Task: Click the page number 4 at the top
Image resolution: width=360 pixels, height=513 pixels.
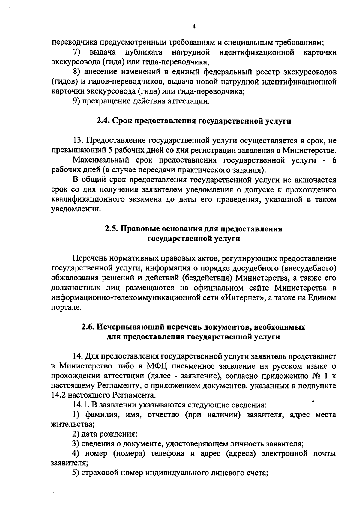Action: tap(194, 27)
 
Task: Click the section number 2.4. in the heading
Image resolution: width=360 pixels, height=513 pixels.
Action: tap(104, 121)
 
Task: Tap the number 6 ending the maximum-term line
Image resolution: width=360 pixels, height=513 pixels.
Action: tap(334, 160)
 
